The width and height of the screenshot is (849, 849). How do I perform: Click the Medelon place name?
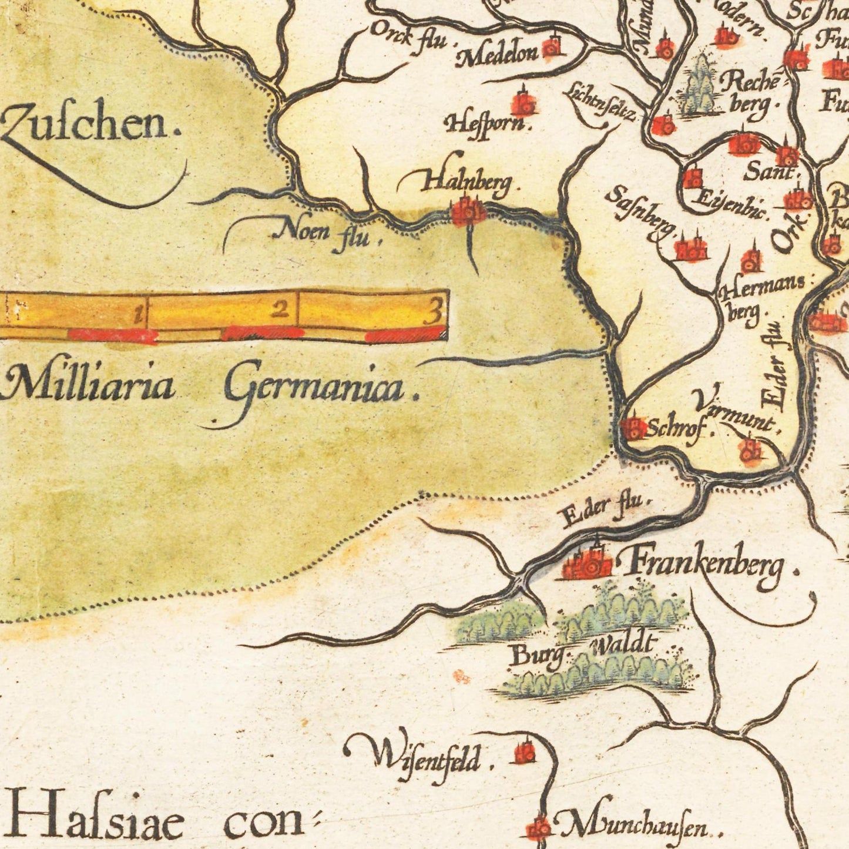coord(498,55)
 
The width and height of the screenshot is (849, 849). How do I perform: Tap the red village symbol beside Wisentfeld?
coord(524,751)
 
